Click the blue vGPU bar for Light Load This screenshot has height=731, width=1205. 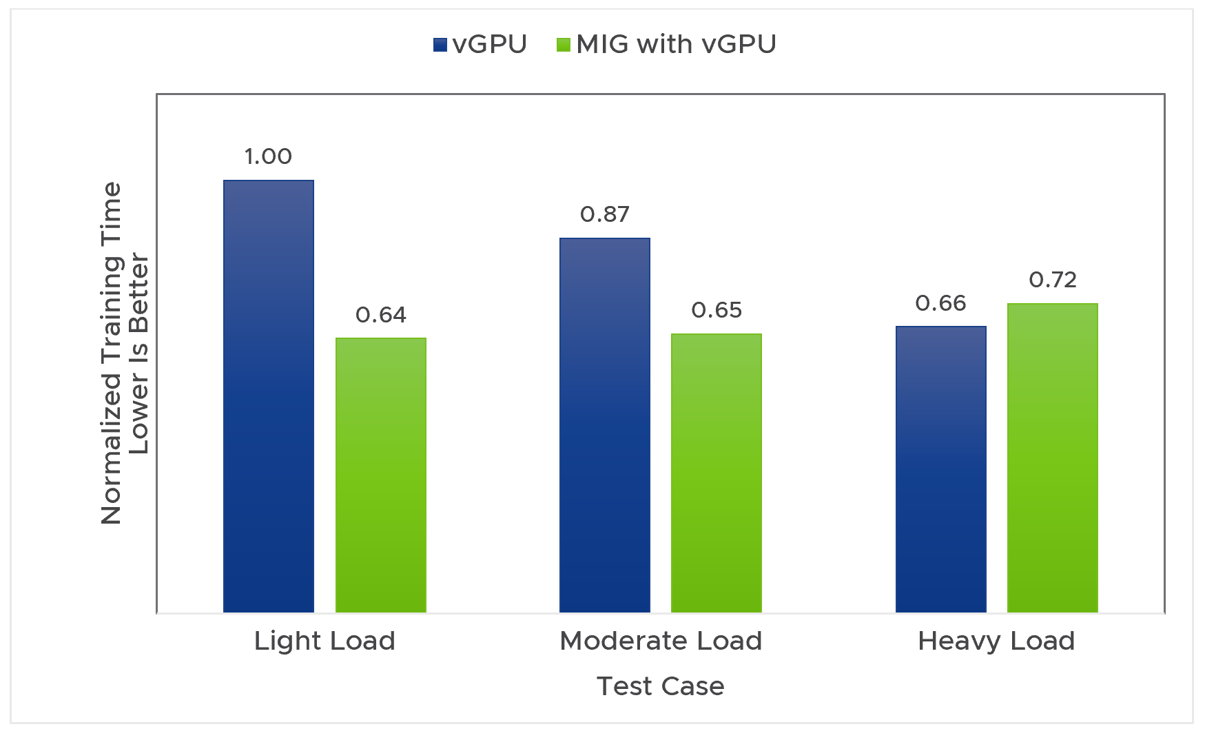[269, 396]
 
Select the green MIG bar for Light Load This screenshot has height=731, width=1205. [380, 475]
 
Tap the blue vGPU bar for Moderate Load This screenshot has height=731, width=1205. [604, 425]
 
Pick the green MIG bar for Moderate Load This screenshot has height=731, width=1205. [716, 473]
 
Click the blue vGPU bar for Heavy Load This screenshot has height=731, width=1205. [940, 469]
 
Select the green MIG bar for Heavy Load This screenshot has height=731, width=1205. [1052, 457]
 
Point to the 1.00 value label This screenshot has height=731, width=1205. [268, 157]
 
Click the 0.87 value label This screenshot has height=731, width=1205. [604, 215]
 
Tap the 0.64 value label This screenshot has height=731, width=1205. [380, 316]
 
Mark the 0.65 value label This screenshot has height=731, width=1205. [716, 311]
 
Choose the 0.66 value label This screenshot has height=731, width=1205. [940, 304]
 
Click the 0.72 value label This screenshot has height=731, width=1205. [1052, 280]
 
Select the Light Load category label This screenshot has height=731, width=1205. [325, 641]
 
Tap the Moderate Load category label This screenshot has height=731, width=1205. [661, 641]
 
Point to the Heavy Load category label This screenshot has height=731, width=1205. [996, 641]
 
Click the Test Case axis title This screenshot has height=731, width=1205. [660, 687]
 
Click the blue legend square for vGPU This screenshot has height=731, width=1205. [440, 45]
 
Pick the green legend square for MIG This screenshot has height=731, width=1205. [564, 45]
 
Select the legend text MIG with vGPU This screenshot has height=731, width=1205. [676, 45]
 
